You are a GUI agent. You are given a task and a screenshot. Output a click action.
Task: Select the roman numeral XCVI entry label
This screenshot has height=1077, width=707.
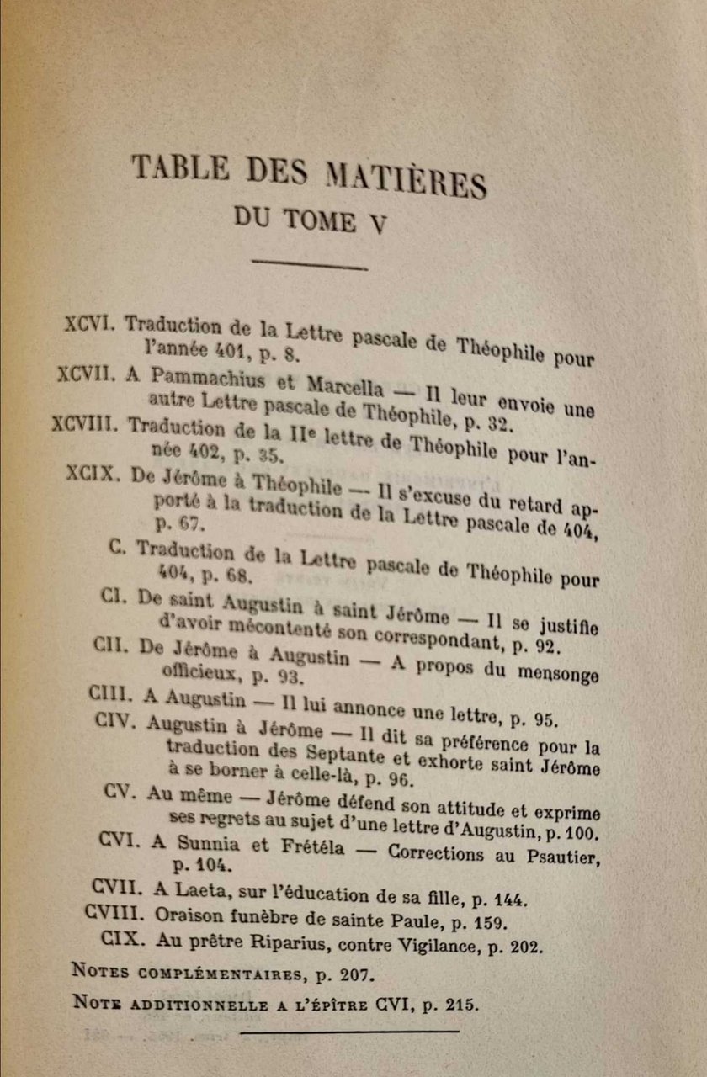click(94, 324)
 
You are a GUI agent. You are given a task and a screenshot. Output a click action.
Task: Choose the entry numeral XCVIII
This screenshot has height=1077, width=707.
click(88, 423)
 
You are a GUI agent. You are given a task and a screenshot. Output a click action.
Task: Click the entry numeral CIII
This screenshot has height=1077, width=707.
click(112, 695)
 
